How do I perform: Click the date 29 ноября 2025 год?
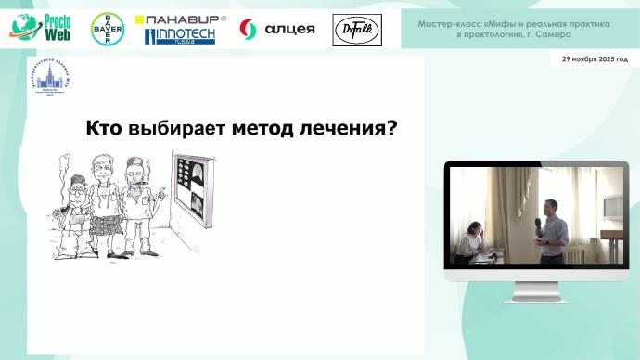[595, 58]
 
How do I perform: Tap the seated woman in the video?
[472, 240]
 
